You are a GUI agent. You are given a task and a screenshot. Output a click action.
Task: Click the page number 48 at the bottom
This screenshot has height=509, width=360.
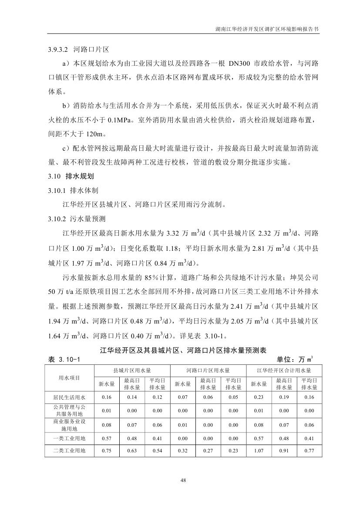[183, 480]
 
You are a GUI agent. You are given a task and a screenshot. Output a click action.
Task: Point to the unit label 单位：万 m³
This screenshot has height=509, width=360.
[295, 359]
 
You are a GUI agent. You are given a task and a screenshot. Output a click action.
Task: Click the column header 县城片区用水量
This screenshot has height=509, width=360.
[132, 370]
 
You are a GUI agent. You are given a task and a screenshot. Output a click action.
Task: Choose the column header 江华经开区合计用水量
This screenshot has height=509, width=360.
[284, 370]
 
